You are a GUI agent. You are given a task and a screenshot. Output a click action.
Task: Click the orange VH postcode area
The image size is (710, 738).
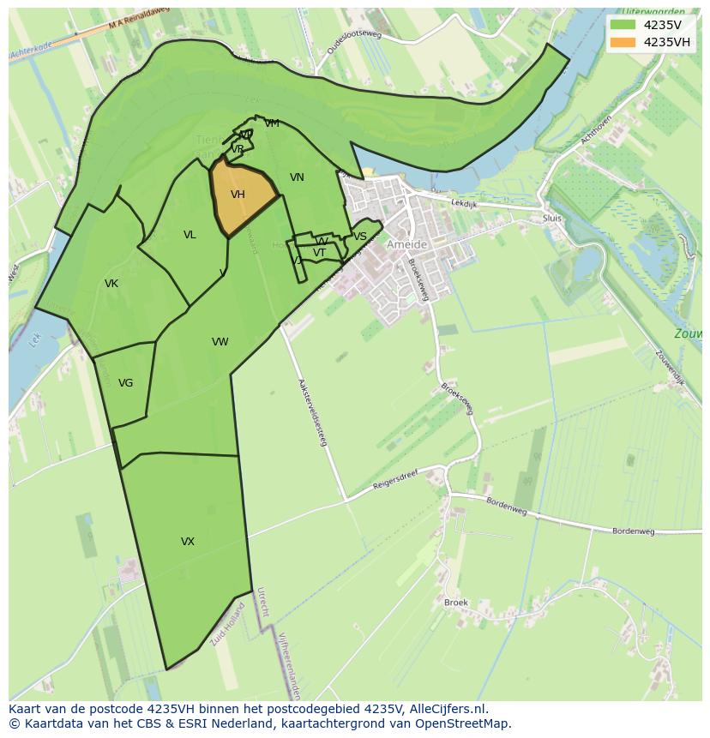click(x=240, y=195)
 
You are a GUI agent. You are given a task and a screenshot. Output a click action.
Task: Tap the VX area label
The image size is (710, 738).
click(x=188, y=542)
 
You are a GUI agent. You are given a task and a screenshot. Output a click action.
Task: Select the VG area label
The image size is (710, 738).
click(x=126, y=383)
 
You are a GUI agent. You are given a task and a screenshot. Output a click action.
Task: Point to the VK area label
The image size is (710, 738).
click(x=111, y=284)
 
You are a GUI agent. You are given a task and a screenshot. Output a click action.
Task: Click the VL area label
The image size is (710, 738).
click(x=190, y=235)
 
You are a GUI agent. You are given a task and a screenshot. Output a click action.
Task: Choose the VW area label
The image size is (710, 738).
click(x=220, y=342)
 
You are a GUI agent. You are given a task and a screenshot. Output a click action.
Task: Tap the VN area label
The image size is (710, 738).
click(x=297, y=177)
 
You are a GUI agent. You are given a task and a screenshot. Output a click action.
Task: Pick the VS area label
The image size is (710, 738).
click(x=360, y=237)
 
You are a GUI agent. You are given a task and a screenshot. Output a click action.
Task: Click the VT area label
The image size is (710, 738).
click(x=319, y=253)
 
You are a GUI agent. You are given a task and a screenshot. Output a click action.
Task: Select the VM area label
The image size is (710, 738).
click(x=272, y=123)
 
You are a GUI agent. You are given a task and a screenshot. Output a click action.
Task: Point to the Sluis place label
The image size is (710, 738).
click(x=552, y=219)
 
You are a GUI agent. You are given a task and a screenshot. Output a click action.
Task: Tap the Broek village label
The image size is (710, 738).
click(x=456, y=603)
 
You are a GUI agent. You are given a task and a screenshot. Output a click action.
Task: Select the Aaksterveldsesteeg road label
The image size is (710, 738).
click(x=313, y=412)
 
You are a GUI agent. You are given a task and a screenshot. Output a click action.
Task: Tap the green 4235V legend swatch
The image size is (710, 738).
click(x=623, y=25)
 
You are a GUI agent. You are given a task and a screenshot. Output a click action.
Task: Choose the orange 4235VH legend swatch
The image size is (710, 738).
click(x=623, y=42)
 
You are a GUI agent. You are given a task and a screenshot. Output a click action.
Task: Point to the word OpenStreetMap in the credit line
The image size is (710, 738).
click(x=467, y=723)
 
